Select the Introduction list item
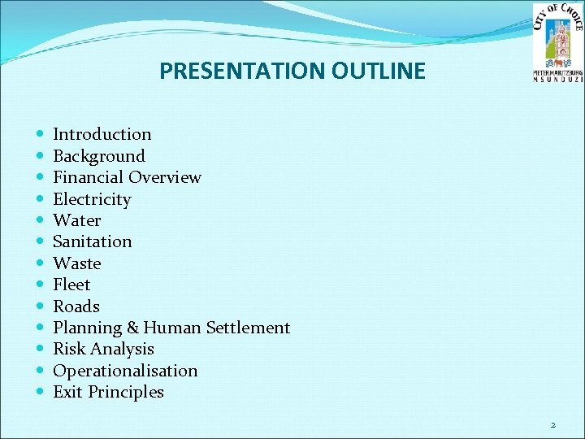(102, 134)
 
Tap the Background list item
(99, 156)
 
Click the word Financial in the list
(88, 177)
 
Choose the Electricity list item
(92, 199)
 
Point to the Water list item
(77, 220)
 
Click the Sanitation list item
(93, 241)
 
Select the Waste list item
(77, 263)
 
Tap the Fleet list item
(71, 285)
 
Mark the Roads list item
(76, 306)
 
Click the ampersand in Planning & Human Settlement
(132, 328)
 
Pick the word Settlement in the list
(248, 328)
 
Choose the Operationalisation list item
(125, 371)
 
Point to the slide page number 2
(552, 424)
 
